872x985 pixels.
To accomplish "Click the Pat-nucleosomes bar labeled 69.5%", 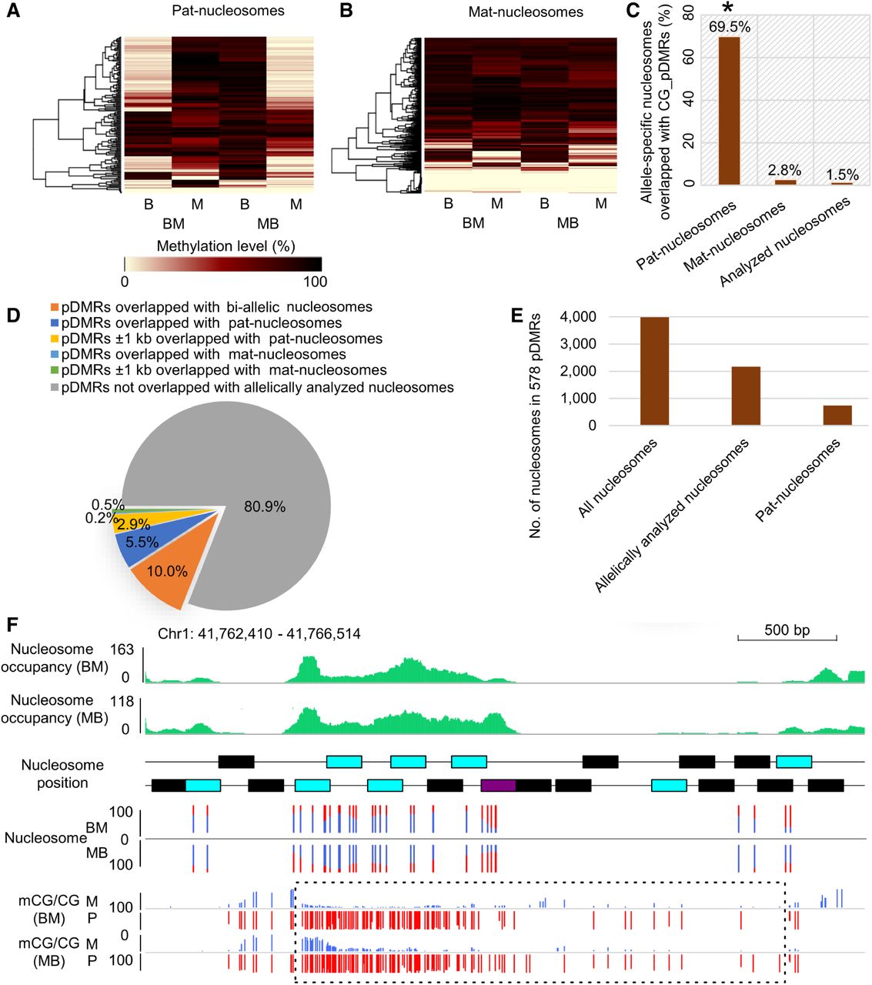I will coord(728,111).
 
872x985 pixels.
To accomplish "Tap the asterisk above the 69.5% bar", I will coord(727,10).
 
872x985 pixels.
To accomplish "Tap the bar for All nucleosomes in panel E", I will coord(653,371).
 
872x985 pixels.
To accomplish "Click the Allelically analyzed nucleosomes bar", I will coord(746,396).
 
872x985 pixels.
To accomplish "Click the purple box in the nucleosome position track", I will coord(498,786).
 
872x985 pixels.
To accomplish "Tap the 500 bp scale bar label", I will coord(787,630).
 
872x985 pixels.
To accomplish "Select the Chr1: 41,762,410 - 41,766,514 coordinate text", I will coord(259,634).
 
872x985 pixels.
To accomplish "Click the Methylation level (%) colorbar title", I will coord(226,246).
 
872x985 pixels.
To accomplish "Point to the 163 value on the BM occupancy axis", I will coord(122,650).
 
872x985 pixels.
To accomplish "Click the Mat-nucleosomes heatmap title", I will coord(526,12).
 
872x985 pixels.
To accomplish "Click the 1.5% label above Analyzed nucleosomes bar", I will coord(842,175).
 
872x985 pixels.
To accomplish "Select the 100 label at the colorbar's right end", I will coord(315,281).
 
